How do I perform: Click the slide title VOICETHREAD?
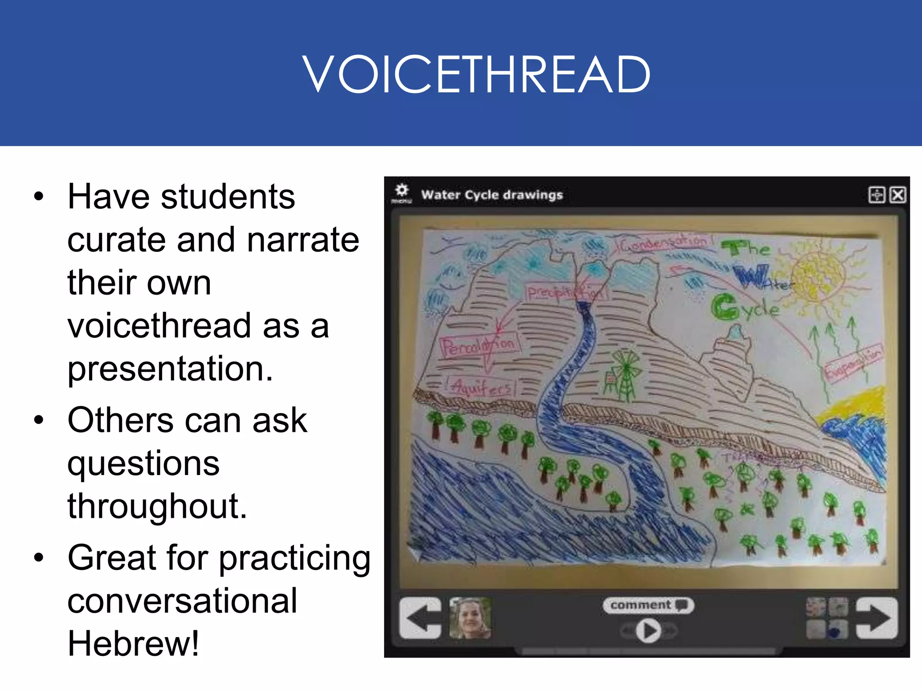point(476,74)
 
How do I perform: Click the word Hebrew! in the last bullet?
point(133,644)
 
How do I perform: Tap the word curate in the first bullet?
point(117,240)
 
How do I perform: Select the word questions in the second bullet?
point(143,463)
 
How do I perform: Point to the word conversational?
point(182,601)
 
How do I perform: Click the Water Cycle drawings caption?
point(492,195)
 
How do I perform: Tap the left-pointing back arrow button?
point(420,618)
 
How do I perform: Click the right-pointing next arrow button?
point(877,618)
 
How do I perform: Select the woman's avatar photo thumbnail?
point(470,618)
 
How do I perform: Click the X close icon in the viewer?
point(897,195)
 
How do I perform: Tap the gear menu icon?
point(402,191)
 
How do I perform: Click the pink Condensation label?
point(662,243)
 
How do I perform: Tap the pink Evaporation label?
point(853,363)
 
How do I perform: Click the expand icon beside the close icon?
point(876,195)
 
